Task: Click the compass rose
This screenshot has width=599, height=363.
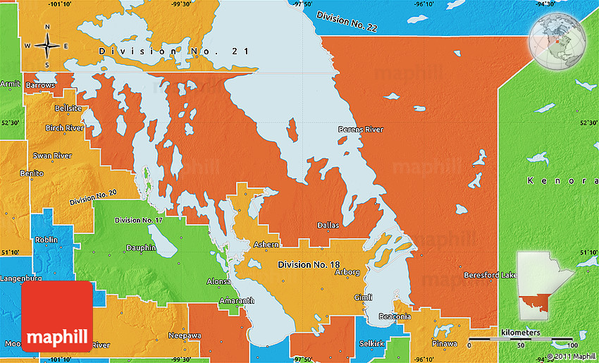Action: tap(47, 46)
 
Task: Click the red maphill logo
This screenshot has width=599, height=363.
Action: tap(57, 316)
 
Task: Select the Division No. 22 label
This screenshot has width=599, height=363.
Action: tap(347, 20)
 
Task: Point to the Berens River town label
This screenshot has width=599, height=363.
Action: tap(361, 129)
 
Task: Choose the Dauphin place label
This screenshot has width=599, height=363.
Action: tap(141, 247)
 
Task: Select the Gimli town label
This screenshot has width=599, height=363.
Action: tap(363, 297)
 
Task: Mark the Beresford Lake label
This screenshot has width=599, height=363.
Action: tap(490, 275)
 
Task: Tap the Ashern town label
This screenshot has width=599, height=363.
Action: tap(266, 245)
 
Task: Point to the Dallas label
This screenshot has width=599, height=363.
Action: tap(328, 226)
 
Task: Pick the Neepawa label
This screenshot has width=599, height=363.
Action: tap(185, 336)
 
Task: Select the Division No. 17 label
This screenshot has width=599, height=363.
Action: tap(139, 221)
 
